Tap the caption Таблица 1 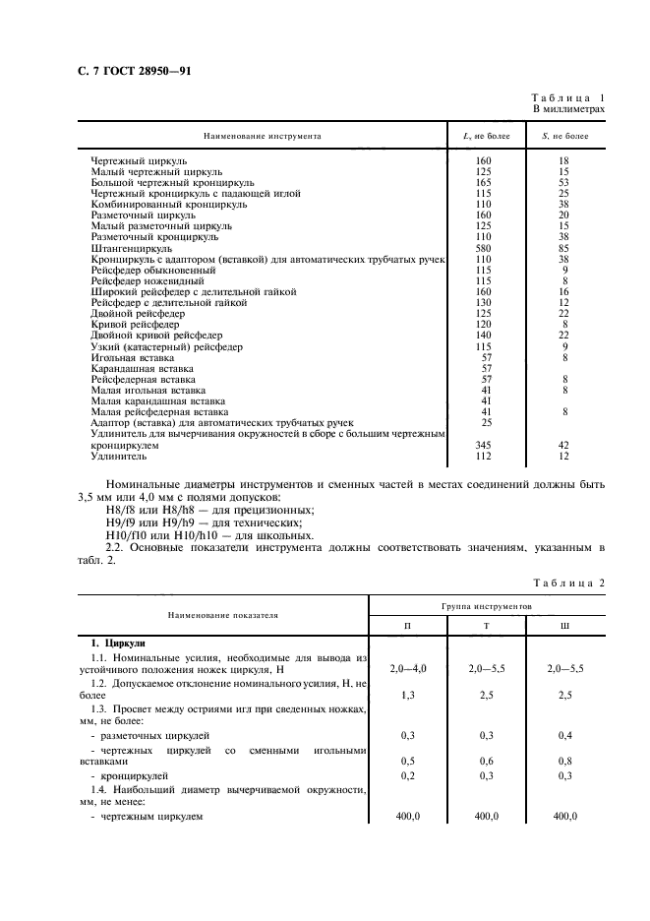(x=567, y=98)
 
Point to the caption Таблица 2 (x=567, y=583)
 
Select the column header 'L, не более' (x=484, y=136)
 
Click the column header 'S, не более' (x=564, y=136)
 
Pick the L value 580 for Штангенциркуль (x=483, y=249)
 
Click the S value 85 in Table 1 (x=563, y=249)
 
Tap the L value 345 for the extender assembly (x=483, y=446)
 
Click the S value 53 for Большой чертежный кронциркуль (x=563, y=182)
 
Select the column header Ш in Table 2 (x=563, y=626)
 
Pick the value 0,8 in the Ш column (x=563, y=761)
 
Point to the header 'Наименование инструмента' (x=263, y=136)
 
